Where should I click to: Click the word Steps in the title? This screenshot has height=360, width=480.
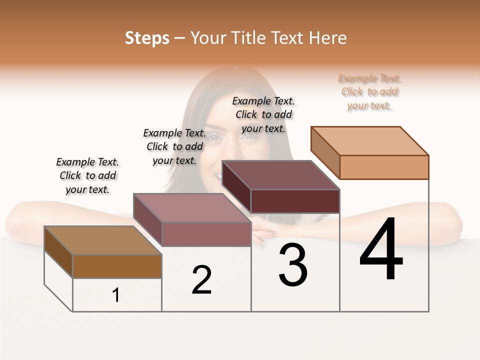tap(147, 38)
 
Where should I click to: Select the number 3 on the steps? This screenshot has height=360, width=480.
tap(293, 264)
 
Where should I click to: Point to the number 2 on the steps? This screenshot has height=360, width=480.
tap(201, 279)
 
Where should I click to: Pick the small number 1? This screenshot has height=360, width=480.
tap(116, 295)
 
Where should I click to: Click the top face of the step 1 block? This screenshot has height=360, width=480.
tap(102, 240)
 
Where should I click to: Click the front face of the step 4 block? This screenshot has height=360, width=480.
tap(384, 167)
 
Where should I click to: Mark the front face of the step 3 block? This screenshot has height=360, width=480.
tap(295, 201)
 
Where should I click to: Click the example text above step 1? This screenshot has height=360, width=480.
tap(87, 175)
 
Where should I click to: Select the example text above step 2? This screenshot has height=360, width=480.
tap(174, 146)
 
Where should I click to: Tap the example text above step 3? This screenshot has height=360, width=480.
tap(263, 114)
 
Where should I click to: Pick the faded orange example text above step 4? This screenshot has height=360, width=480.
tap(369, 91)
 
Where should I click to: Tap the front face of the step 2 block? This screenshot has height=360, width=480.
tap(206, 234)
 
